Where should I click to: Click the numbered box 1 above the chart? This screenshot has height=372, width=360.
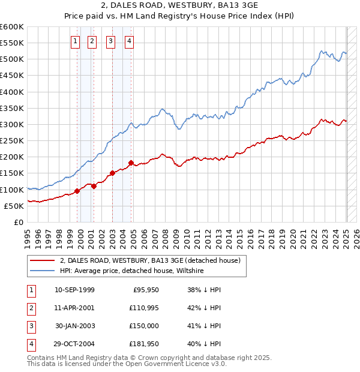click(75, 41)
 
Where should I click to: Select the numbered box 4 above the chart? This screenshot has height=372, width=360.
click(130, 41)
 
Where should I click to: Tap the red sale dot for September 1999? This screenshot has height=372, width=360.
click(77, 191)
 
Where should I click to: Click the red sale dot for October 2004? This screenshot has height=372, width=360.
click(131, 163)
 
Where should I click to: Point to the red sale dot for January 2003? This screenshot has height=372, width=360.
click(112, 173)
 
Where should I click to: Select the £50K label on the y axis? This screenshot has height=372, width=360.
click(14, 206)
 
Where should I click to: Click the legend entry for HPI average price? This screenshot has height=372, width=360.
click(132, 271)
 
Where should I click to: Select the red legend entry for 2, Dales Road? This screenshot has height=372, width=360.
click(150, 260)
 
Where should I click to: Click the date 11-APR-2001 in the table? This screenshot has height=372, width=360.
click(74, 308)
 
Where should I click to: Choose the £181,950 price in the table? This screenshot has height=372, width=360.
click(143, 344)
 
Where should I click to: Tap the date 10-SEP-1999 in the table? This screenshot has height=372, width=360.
click(74, 290)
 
